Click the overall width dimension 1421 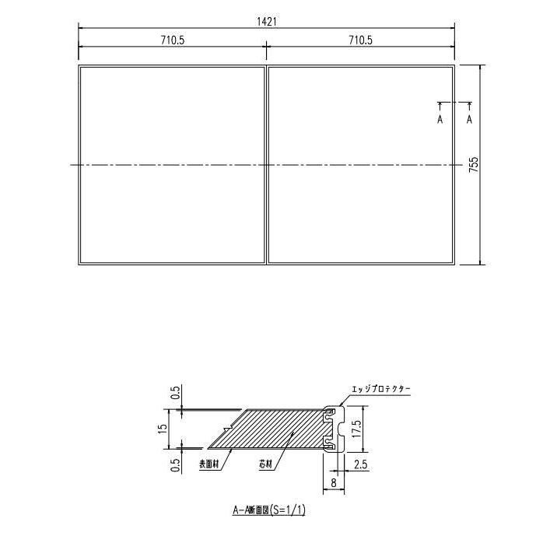tap(265, 22)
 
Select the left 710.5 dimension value tap(172, 40)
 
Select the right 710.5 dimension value tap(360, 40)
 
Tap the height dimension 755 tap(474, 164)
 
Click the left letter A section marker tap(440, 119)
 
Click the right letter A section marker tap(469, 119)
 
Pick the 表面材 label tap(210, 464)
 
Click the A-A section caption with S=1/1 tap(268, 510)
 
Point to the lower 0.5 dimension tap(176, 464)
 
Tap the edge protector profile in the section tap(333, 429)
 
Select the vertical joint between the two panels tap(267, 164)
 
